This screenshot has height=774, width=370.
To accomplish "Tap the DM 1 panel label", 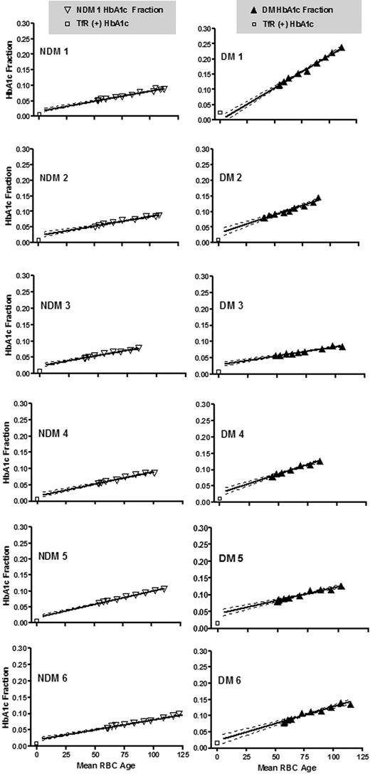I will point(236,57).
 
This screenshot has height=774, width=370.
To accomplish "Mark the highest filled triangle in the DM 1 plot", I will point(342,48).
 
